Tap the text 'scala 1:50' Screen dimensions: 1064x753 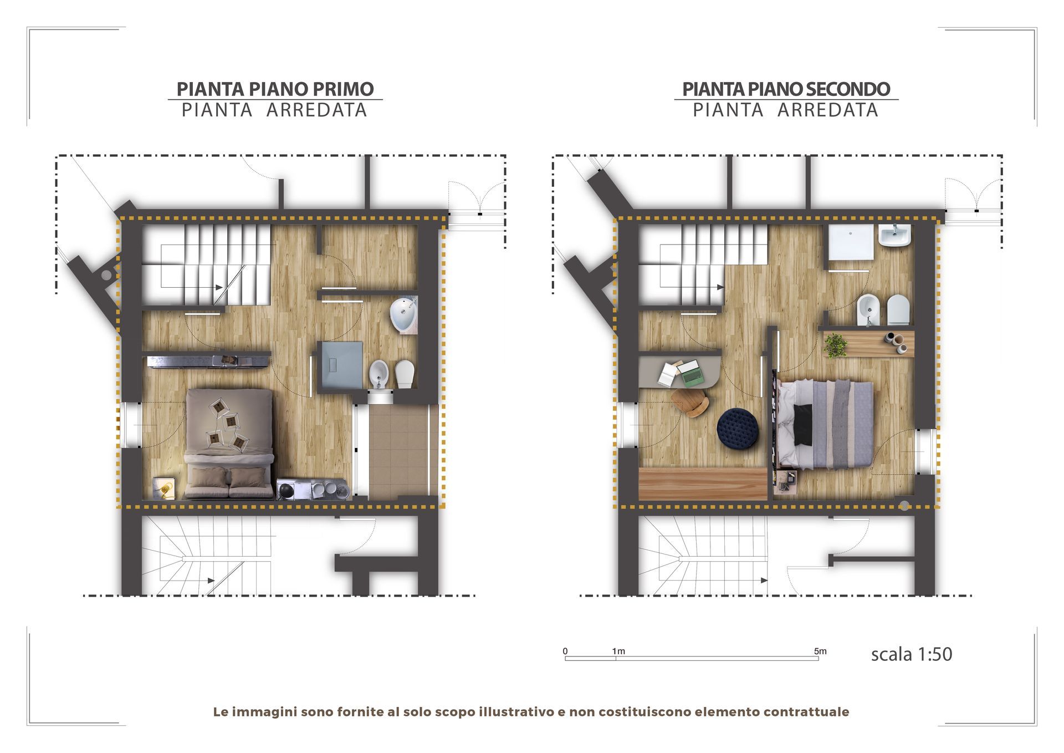coord(912,654)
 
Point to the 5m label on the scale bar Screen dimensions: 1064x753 coord(820,651)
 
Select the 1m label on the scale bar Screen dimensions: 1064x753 coord(618,651)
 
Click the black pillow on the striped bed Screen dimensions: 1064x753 coord(803,424)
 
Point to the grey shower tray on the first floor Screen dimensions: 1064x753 coord(340,364)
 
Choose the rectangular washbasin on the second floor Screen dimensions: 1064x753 coord(894,236)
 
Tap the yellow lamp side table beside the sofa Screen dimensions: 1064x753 coord(165,488)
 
